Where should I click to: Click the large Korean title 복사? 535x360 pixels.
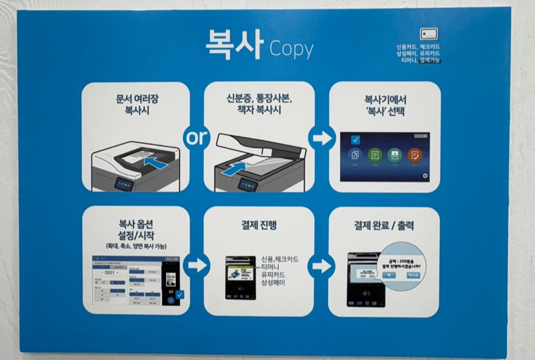pos(233,45)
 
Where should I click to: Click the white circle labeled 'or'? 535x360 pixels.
pos(196,137)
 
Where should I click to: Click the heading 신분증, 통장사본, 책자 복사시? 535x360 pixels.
pos(259,104)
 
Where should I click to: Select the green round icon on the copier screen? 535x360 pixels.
pos(375,155)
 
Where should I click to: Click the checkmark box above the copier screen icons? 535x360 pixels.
pos(355,140)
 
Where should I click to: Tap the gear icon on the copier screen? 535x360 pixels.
pos(425,176)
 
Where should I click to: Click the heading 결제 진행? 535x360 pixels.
pos(259,225)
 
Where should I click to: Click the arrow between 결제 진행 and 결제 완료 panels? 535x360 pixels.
pos(321,265)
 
